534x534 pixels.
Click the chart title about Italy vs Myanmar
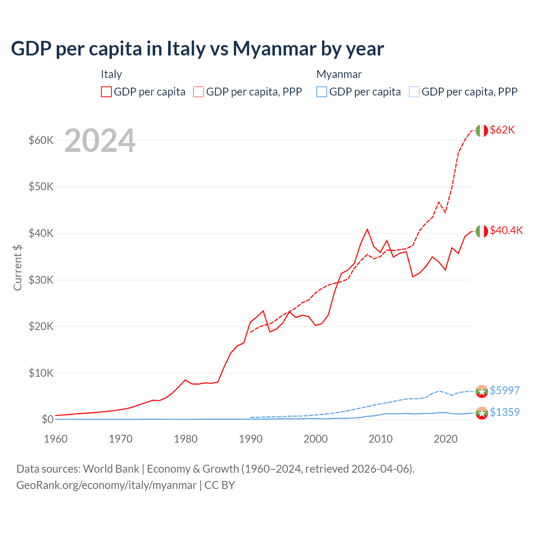[197, 49]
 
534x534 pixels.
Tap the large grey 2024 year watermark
[100, 141]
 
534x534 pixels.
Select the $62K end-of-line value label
[502, 130]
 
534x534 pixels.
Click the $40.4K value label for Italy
[506, 230]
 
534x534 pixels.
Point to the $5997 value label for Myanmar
[504, 390]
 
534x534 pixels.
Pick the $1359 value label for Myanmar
[504, 412]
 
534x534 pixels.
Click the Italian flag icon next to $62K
[481, 131]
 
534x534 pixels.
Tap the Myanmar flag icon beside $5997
[481, 391]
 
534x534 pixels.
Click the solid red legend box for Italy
[106, 92]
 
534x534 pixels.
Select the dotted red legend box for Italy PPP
[199, 92]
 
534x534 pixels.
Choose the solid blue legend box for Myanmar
[322, 92]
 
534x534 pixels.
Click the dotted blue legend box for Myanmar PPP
[414, 92]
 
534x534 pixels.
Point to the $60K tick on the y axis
[41, 140]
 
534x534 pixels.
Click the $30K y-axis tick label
[41, 280]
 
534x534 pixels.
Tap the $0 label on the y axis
[47, 419]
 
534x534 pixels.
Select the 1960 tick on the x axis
[55, 439]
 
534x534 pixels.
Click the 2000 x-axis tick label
[316, 439]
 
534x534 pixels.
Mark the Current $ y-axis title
[18, 268]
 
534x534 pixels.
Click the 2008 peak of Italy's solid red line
[367, 229]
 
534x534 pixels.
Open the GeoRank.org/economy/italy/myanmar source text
[106, 485]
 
